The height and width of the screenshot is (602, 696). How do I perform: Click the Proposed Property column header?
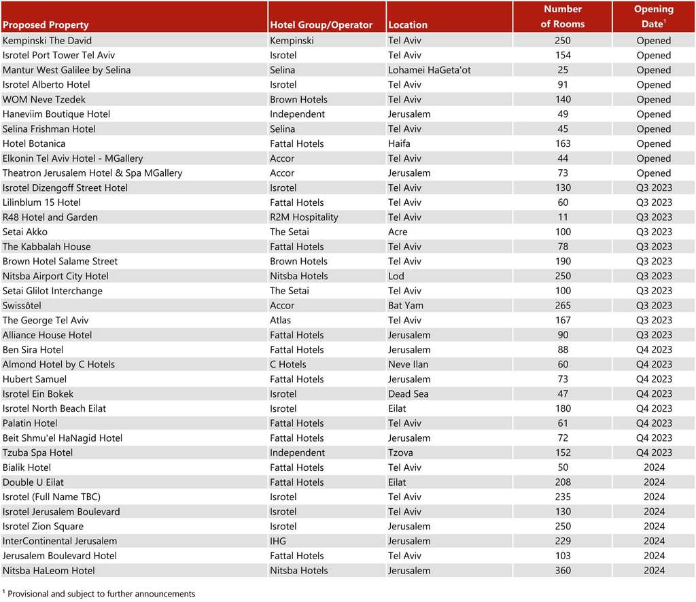46,25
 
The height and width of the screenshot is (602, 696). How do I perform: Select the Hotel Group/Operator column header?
321,25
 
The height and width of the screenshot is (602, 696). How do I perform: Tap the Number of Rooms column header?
562,17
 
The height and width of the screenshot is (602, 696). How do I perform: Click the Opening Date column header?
653,17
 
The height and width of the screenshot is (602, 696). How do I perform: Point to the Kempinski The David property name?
47,41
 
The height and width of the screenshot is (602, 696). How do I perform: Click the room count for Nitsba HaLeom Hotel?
562,571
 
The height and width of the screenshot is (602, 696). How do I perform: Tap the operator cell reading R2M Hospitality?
304,217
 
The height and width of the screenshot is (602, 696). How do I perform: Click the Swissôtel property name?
22,306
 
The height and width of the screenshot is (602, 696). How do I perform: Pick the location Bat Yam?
405,306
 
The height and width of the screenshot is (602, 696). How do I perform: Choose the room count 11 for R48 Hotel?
562,217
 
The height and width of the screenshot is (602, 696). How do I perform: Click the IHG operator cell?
279,542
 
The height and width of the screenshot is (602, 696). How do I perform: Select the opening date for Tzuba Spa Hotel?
653,453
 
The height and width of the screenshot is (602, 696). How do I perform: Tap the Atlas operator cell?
280,321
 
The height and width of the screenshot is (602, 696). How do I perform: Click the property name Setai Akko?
25,232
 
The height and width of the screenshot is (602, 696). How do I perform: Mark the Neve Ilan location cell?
408,365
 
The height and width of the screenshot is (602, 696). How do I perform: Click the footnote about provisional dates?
101,594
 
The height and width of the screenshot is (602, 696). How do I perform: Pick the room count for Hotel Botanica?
562,144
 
